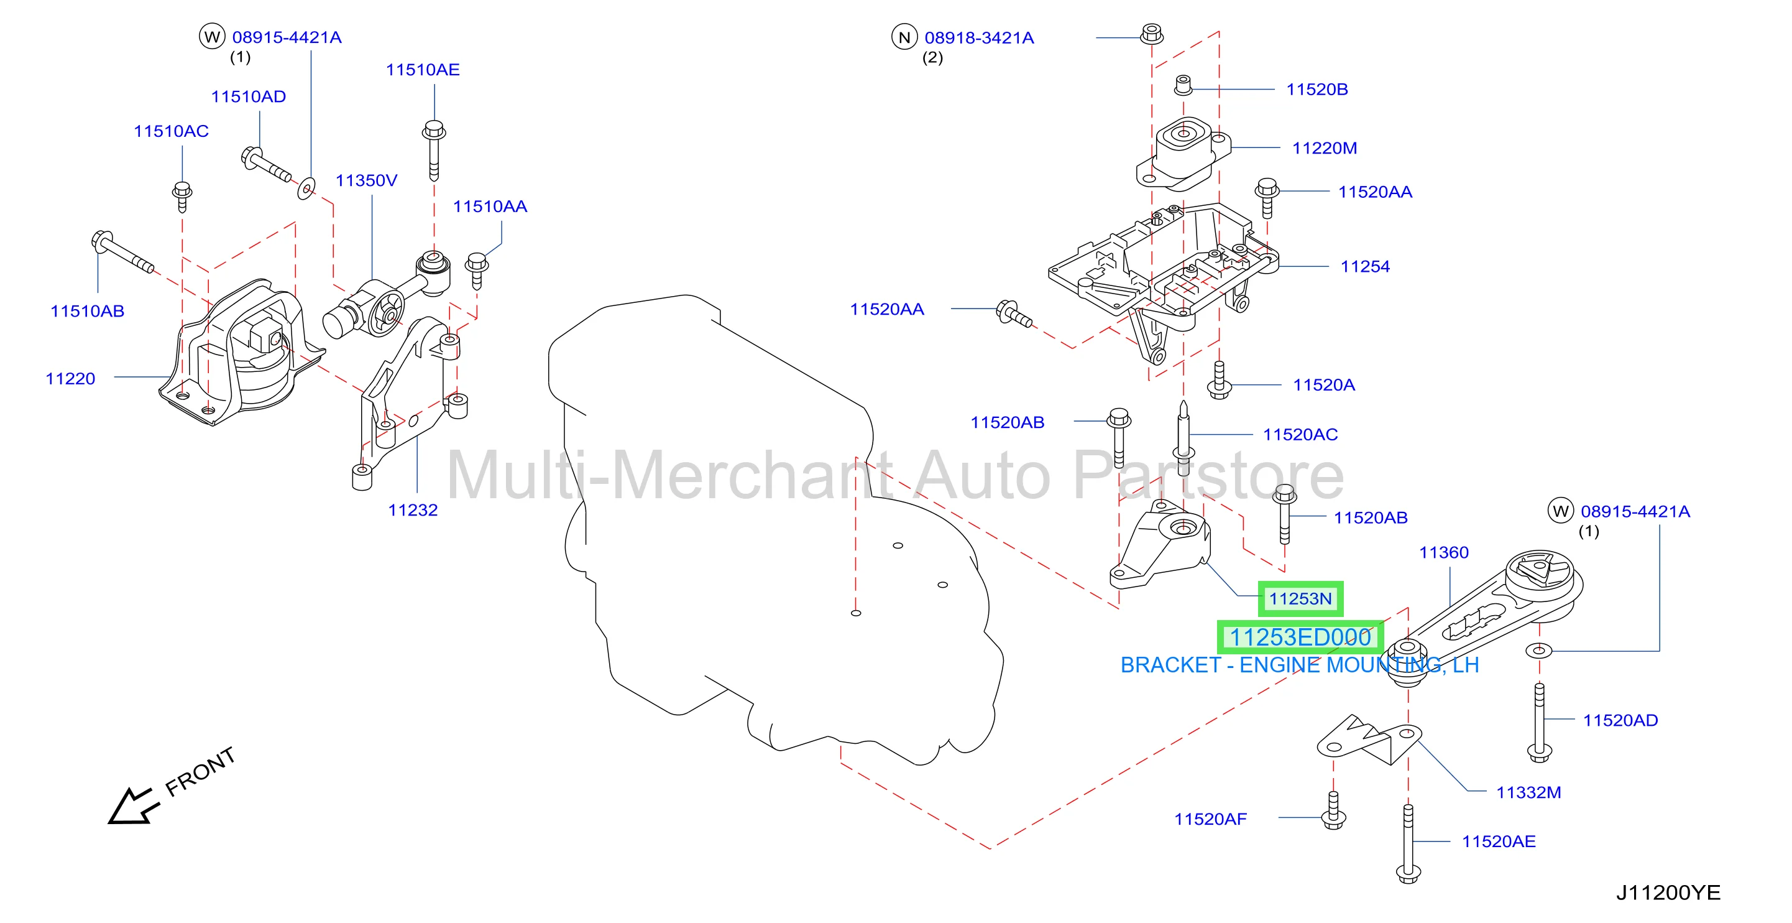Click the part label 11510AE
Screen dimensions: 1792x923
click(423, 70)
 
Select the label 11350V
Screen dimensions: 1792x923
click(367, 180)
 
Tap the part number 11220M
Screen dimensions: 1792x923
click(1325, 148)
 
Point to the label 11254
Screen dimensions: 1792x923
click(1365, 267)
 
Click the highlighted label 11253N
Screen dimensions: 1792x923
click(1300, 598)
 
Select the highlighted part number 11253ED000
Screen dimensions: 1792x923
click(1300, 637)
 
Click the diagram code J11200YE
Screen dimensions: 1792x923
click(1668, 893)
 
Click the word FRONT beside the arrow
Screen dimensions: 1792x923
click(200, 771)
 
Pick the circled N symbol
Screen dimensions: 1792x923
click(904, 37)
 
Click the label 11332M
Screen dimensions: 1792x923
click(1528, 792)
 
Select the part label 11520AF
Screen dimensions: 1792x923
click(1210, 819)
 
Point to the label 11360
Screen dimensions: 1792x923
click(1443, 553)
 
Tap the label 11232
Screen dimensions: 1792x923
click(413, 510)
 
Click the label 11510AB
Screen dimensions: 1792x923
click(88, 311)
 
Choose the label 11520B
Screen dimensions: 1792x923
click(1317, 89)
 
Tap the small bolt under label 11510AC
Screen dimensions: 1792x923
click(182, 197)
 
